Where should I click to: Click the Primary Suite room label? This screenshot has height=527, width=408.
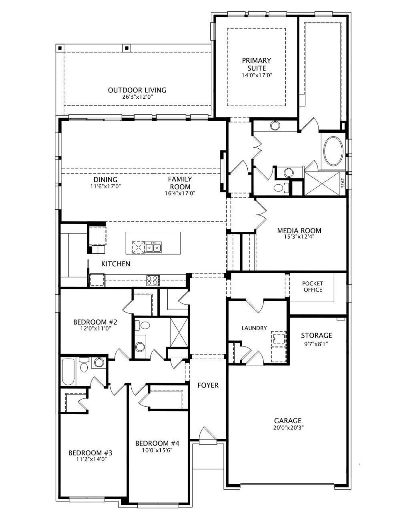[x=257, y=64]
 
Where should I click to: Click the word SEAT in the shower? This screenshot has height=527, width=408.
[x=343, y=183]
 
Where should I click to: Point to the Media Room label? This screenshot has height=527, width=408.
[x=299, y=230]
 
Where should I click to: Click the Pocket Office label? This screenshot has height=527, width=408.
[x=313, y=286]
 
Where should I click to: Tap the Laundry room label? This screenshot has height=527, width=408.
[x=254, y=328]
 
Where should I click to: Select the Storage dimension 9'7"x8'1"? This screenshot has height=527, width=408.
[x=316, y=344]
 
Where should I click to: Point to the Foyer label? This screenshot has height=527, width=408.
[x=208, y=385]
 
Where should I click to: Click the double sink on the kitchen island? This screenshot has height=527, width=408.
[x=154, y=247]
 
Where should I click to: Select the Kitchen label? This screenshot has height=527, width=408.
[x=116, y=264]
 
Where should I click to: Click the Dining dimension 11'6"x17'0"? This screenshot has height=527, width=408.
[x=106, y=186]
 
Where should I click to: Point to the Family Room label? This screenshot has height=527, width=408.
[x=180, y=183]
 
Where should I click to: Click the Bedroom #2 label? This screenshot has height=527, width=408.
[x=95, y=322]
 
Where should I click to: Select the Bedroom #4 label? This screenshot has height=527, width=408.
[x=157, y=443]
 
